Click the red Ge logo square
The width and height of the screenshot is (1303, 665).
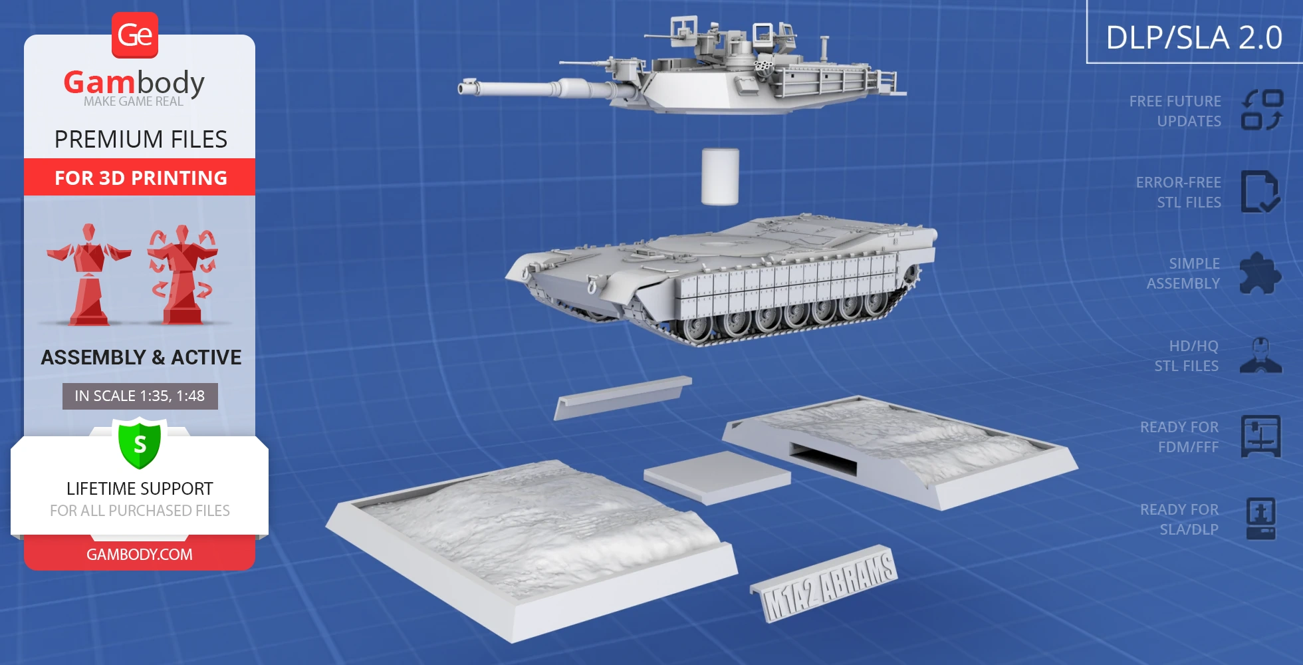(x=135, y=35)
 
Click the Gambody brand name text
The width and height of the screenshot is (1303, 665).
(x=134, y=82)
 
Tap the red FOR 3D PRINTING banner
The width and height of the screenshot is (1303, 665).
(x=140, y=177)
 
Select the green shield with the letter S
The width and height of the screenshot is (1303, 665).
(x=140, y=443)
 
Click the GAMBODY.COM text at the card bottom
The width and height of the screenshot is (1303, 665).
(x=140, y=555)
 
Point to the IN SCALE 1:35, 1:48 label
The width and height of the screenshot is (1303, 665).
(x=140, y=396)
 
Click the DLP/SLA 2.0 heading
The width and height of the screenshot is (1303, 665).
(x=1194, y=37)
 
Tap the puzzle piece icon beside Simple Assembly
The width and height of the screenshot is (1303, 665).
(x=1260, y=273)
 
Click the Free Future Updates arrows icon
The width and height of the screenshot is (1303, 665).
(x=1262, y=110)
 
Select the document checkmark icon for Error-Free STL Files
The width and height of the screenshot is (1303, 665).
(x=1260, y=192)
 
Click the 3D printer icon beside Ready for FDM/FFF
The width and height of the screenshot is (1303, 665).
(x=1261, y=436)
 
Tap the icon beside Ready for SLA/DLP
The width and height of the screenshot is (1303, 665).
(x=1261, y=519)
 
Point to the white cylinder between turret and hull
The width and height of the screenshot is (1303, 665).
(x=720, y=176)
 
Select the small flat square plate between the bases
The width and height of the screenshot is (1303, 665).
(x=717, y=476)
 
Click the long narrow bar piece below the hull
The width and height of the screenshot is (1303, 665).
(x=623, y=397)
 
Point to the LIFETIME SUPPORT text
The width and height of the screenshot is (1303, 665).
(x=140, y=489)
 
